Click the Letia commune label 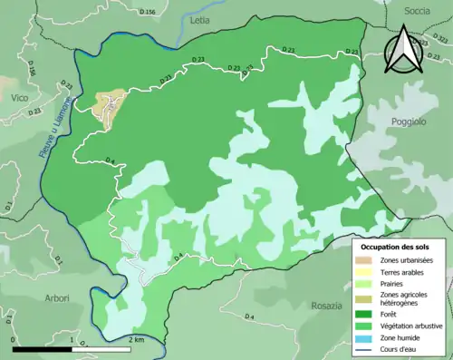(x=198, y=18)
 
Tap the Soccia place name (x=417, y=11)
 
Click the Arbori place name (x=56, y=297)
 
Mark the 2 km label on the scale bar (x=135, y=339)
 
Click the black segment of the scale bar (x=43, y=347)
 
